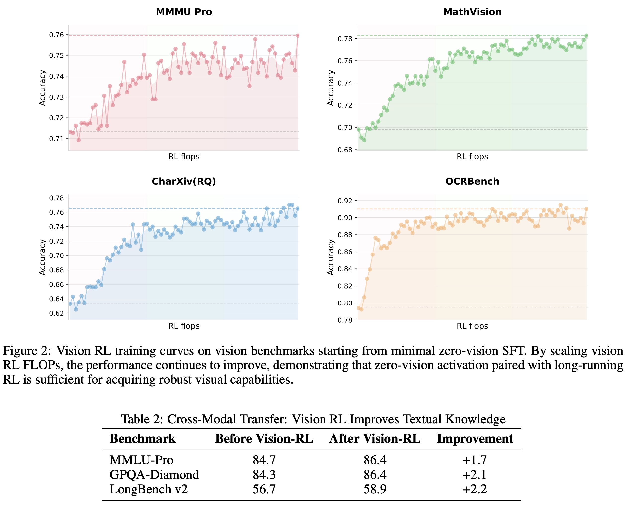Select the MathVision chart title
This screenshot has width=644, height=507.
pyautogui.click(x=472, y=12)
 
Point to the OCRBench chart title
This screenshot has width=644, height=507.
pyautogui.click(x=472, y=181)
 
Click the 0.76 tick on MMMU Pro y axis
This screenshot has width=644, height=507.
pyautogui.click(x=56, y=35)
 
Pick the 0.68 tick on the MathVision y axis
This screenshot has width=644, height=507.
pyautogui.click(x=345, y=150)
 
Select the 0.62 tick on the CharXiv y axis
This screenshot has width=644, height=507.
pyautogui.click(x=56, y=313)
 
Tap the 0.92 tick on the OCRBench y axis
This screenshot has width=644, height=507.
pyautogui.click(x=345, y=201)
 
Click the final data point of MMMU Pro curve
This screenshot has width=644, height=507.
pyautogui.click(x=298, y=36)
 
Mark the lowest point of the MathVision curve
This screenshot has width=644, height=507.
pyautogui.click(x=364, y=140)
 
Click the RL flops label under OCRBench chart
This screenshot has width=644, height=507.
pyautogui.click(x=472, y=326)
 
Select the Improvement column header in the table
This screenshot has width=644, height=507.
pyautogui.click(x=475, y=439)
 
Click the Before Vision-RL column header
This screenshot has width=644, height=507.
pyautogui.click(x=264, y=439)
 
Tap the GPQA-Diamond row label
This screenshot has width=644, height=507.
pyautogui.click(x=154, y=474)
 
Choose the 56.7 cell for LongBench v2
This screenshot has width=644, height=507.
pyautogui.click(x=264, y=489)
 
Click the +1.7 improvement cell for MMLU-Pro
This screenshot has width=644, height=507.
pyautogui.click(x=475, y=460)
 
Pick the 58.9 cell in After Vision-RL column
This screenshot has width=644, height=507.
pyautogui.click(x=375, y=489)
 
